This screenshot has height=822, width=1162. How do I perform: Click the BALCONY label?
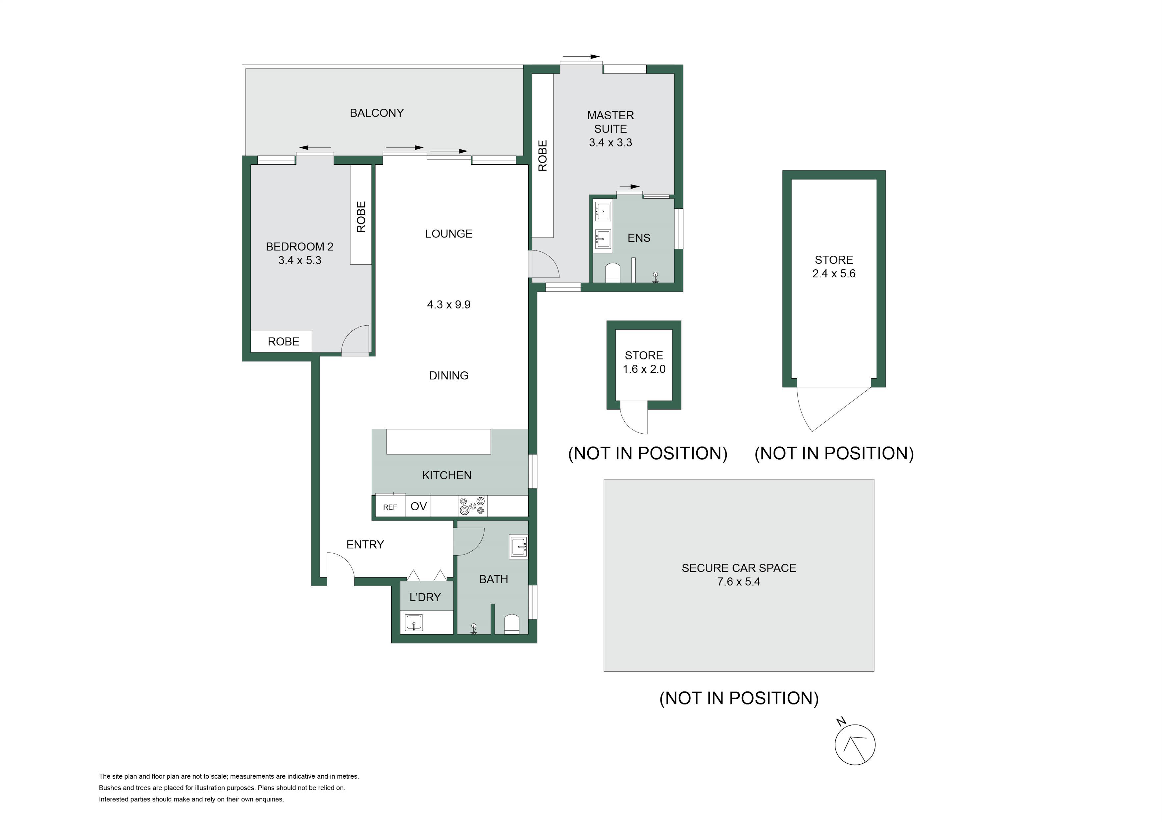[x=377, y=113]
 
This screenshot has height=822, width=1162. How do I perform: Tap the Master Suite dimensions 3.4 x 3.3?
[x=610, y=143]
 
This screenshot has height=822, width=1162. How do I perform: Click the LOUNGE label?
[x=449, y=234]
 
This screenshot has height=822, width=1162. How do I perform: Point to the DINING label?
[x=449, y=376]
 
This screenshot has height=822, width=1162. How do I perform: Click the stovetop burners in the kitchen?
[x=472, y=506]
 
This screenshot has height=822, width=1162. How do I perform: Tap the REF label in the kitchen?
[x=390, y=507]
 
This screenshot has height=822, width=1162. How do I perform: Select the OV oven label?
[x=419, y=506]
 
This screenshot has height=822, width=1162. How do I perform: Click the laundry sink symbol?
[x=414, y=623]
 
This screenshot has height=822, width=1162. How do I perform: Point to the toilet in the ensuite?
[x=613, y=272]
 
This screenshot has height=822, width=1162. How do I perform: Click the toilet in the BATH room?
[x=512, y=624]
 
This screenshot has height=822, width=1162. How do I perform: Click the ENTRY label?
[x=365, y=545]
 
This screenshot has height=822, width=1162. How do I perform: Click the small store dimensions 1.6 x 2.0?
[x=644, y=369]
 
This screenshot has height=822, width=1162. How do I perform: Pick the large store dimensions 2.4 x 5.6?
[x=833, y=274]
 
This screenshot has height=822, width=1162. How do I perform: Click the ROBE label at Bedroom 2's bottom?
[x=284, y=342]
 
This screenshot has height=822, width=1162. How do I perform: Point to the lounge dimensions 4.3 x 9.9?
[x=449, y=305]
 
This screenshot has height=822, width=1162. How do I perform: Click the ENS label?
[x=639, y=238]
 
